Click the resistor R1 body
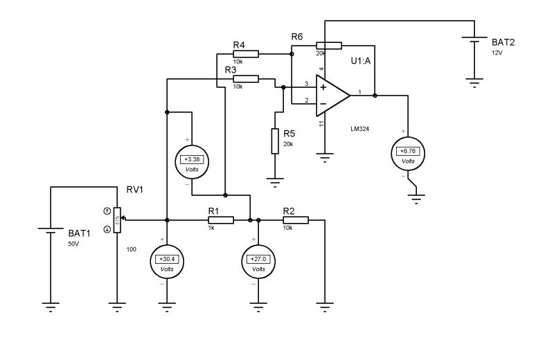220,220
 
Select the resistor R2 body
295,220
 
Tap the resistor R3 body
246,79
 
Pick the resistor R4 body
246,53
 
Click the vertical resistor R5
275,141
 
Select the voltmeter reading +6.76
408,152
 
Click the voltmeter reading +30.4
167,260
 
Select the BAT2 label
503,42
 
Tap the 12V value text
497,53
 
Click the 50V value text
73,244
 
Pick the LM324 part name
359,129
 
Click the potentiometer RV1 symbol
117,219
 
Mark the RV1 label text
134,190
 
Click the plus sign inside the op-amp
323,87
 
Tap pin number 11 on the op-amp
321,123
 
